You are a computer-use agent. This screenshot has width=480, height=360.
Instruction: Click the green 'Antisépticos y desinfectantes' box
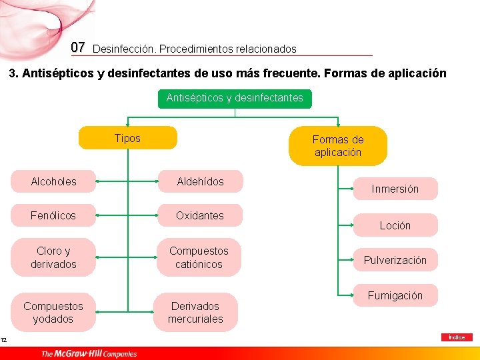(x=235, y=99)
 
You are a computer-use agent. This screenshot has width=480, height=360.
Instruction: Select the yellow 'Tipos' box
(x=128, y=138)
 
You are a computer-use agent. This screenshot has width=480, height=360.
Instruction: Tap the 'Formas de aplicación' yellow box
(x=338, y=146)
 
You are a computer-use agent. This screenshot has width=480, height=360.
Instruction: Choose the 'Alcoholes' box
(x=53, y=181)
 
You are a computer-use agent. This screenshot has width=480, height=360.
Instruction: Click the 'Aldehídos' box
(x=200, y=181)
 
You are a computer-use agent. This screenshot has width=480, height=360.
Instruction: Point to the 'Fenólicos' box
(x=53, y=215)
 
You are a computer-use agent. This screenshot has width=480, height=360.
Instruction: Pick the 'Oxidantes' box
(x=200, y=215)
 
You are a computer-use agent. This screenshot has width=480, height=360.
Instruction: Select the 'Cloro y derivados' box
(x=53, y=257)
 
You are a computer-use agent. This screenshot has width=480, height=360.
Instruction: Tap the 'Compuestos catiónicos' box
(x=199, y=257)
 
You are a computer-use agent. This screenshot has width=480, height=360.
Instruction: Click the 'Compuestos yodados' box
(x=53, y=312)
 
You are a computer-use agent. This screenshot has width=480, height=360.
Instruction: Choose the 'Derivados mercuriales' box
(x=195, y=312)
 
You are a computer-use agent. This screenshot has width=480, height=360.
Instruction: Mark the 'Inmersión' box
(x=395, y=189)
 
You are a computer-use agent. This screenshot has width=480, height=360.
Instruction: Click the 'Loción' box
(x=395, y=225)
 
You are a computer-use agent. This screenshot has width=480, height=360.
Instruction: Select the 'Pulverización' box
(x=395, y=260)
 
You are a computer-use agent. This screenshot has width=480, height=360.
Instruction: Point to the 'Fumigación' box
(x=395, y=295)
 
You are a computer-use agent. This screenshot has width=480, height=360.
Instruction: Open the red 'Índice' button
(x=457, y=337)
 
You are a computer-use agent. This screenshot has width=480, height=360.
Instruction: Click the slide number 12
(x=4, y=341)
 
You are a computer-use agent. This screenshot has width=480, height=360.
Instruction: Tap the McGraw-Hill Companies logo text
(x=89, y=353)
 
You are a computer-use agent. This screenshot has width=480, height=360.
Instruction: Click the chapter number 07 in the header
(x=78, y=47)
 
